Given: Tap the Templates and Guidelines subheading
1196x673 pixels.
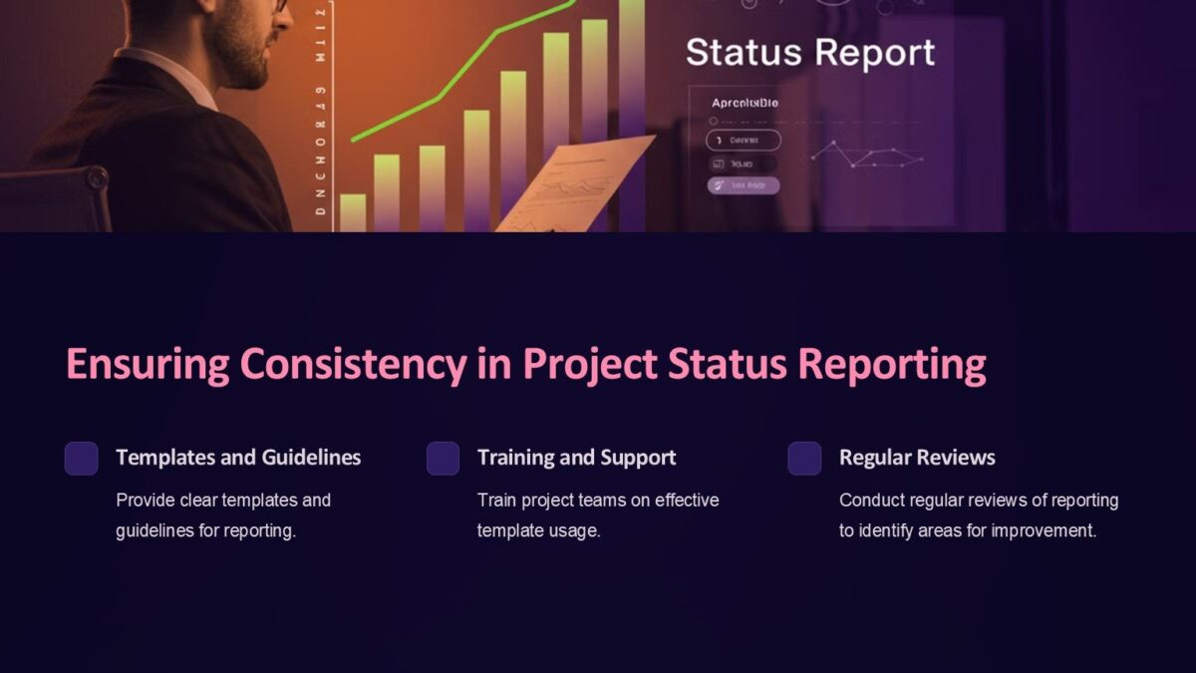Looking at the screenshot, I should click(238, 458).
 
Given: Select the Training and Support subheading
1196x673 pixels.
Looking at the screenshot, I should click(576, 458).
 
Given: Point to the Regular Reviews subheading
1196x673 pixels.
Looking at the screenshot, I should click(917, 458).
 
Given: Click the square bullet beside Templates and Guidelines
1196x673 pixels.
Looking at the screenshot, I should click(82, 459).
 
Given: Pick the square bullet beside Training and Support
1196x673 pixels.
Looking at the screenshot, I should click(443, 459).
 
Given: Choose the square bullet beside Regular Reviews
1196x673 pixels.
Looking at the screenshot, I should click(804, 459).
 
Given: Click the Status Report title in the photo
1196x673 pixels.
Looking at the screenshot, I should click(810, 53).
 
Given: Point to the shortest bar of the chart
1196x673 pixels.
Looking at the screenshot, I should click(353, 211).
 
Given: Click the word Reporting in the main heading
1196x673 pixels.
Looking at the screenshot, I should click(892, 365).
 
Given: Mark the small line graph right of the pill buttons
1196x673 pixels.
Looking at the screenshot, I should click(866, 155).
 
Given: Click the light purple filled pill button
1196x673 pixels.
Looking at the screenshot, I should click(744, 185).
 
